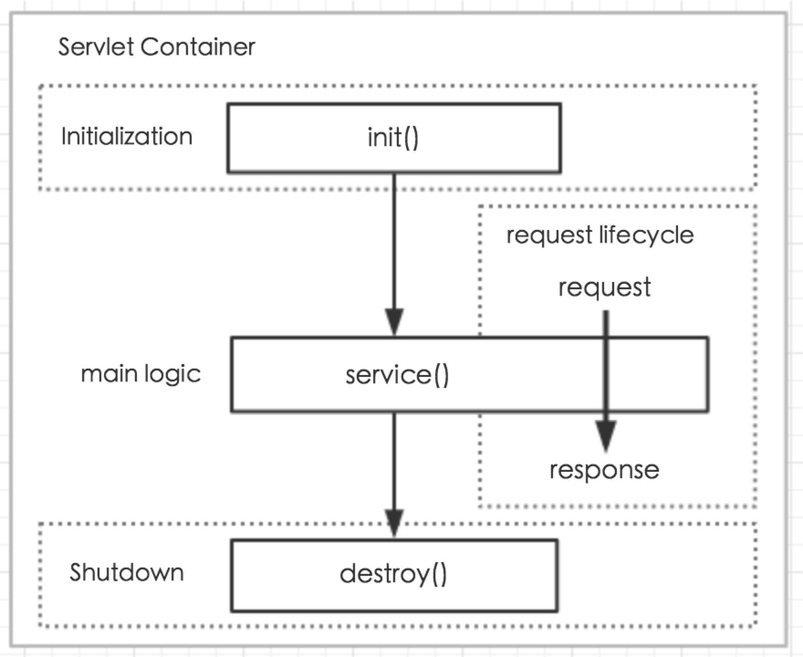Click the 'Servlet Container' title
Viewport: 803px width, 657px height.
coord(156,47)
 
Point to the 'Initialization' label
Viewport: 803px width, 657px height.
coord(127,136)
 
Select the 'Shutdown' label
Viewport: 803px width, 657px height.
coord(126,572)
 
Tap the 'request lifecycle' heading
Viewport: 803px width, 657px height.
coord(600,236)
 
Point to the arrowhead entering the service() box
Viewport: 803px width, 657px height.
coord(394,322)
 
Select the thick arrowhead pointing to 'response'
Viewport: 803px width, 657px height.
coord(606,436)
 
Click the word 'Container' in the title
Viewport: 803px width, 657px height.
coord(198,47)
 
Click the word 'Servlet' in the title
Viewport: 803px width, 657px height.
coord(96,47)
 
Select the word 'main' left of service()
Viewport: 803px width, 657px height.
coord(109,374)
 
